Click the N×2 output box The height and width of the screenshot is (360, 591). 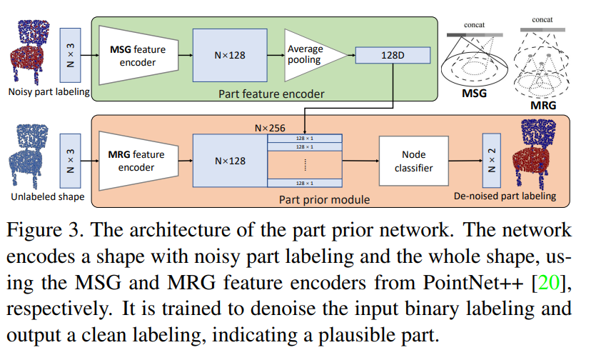(x=490, y=161)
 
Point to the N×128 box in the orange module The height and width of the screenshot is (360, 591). (x=230, y=161)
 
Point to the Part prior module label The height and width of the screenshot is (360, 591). (x=324, y=200)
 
